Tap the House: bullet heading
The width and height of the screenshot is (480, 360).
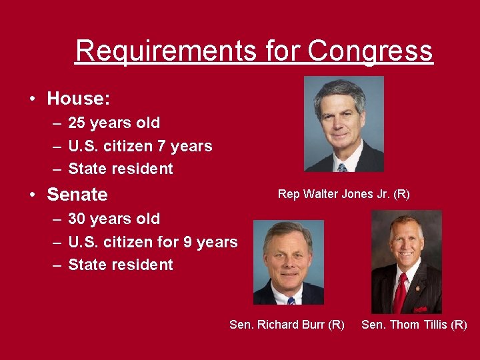pos(79,99)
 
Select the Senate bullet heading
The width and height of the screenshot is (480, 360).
pos(77,195)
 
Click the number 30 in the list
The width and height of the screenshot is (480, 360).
pos(77,219)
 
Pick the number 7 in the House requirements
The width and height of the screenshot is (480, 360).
pos(159,146)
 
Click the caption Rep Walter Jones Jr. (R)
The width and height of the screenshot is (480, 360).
pos(343,194)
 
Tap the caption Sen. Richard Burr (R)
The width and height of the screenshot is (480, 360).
pos(287,325)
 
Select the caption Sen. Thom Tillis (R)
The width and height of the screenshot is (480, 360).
pos(414,325)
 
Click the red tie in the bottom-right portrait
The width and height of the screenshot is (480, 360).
pos(401,293)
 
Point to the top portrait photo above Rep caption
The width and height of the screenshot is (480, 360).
pos(343,124)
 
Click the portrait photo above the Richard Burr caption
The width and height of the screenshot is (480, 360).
pos(288,263)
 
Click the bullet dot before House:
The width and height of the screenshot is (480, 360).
pos(32,99)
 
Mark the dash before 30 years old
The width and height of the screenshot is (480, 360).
pos(55,219)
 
